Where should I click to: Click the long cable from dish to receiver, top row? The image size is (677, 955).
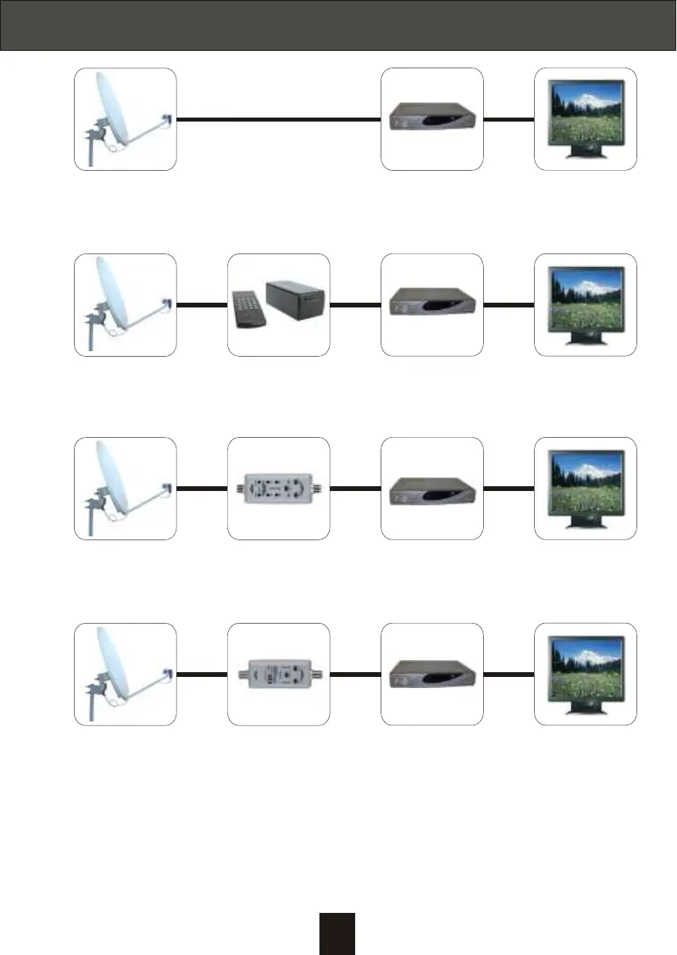click(x=278, y=120)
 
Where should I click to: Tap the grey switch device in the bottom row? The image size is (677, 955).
click(x=278, y=675)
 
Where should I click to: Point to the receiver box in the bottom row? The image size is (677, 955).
click(x=431, y=676)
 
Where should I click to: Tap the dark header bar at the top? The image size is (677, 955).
click(x=338, y=25)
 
